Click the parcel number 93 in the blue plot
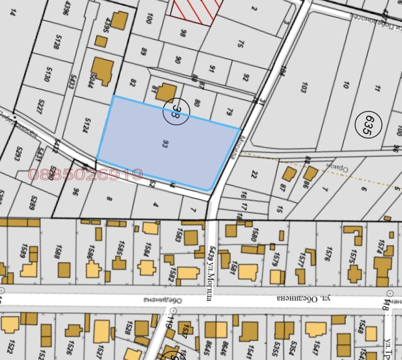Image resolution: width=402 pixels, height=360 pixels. click(165, 144)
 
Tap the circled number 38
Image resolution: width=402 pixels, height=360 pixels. click(176, 110)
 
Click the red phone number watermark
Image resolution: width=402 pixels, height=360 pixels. click(86, 175)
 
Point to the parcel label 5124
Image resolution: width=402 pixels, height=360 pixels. click(86, 125)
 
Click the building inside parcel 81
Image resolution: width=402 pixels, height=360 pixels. click(166, 93)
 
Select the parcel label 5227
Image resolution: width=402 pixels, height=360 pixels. click(41, 107)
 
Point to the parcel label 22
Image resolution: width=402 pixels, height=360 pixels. click(254, 175)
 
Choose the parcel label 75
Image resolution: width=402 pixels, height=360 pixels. click(240, 44)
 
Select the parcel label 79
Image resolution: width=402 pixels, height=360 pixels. click(230, 111)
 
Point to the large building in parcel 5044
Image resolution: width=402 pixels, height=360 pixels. click(103, 71)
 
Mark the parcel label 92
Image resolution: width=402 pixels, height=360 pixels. click(246, 77)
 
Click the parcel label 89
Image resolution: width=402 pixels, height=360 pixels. click(145, 52)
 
